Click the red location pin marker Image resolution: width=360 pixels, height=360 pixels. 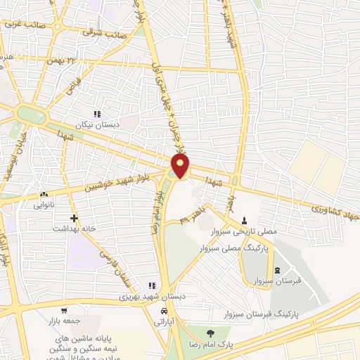tap(181, 166)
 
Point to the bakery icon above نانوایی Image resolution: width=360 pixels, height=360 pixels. tap(46, 195)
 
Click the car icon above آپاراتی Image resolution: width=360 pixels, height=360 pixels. tap(163, 310)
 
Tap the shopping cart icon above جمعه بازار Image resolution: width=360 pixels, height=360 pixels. tap(64, 311)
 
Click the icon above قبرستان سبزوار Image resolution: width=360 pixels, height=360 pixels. tap(276, 271)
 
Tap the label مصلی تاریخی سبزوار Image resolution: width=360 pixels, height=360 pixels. tap(244, 231)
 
